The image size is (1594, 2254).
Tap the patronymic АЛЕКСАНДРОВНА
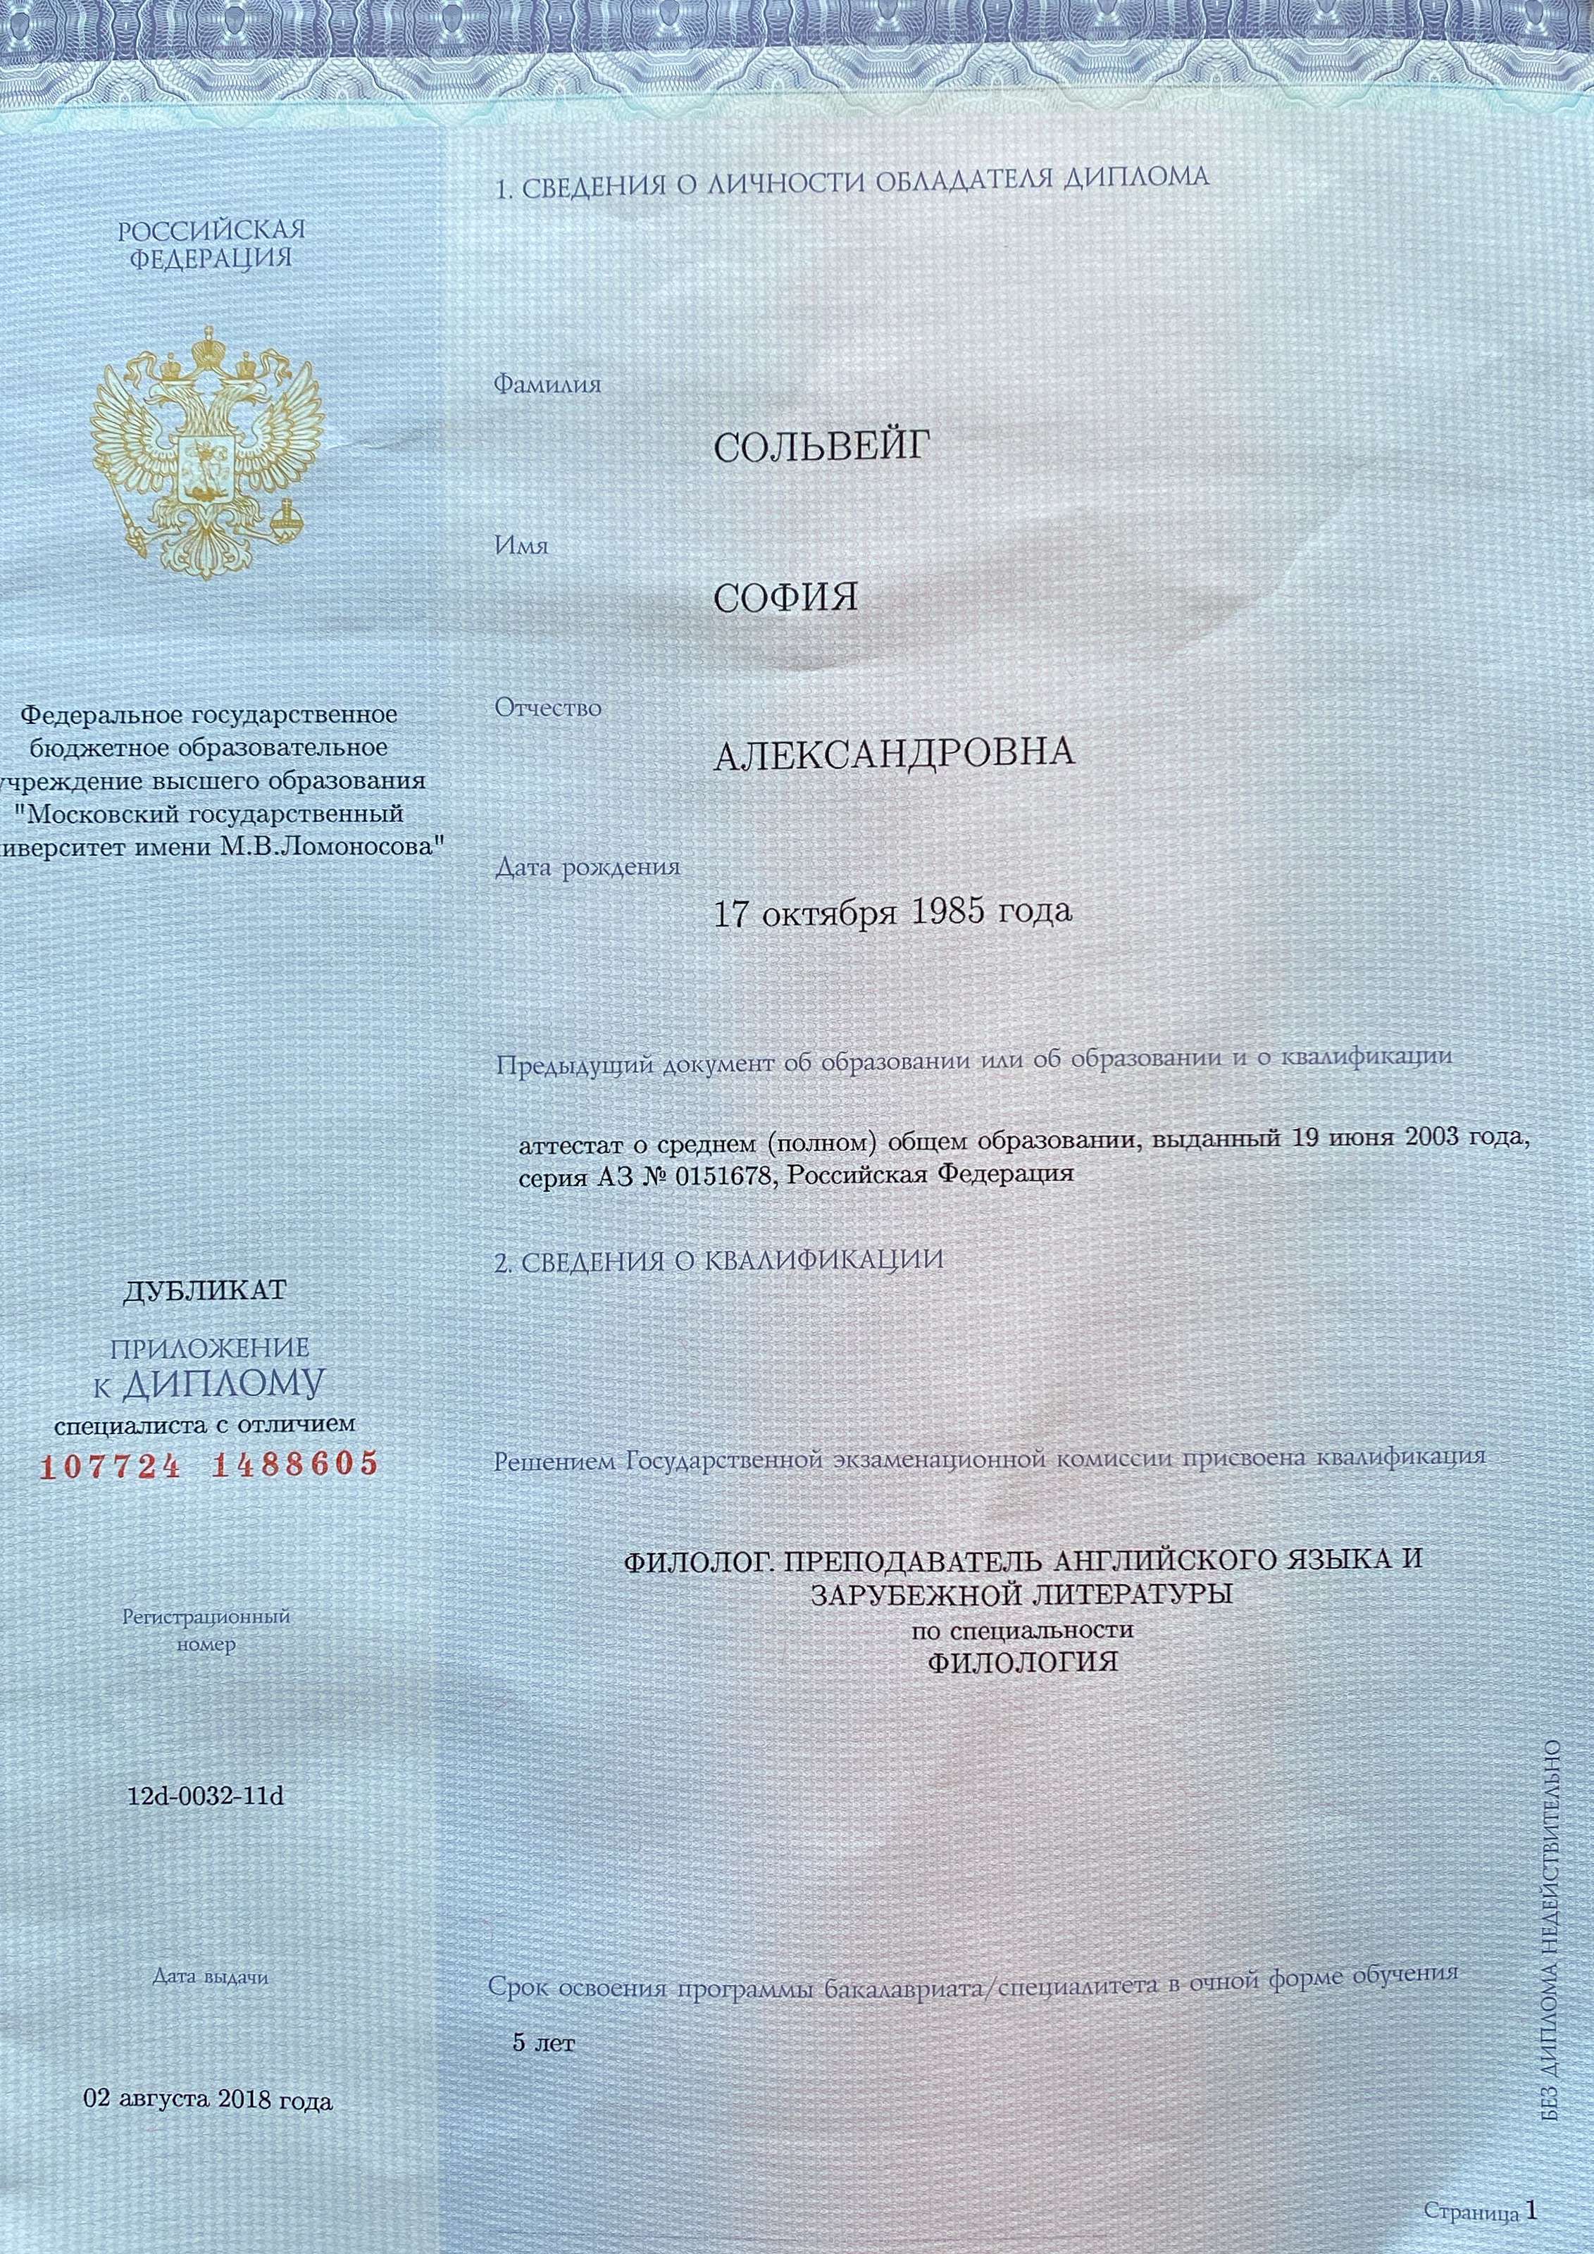(893, 754)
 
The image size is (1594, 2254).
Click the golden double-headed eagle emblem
(207, 451)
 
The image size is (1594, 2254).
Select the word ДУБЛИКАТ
(204, 1289)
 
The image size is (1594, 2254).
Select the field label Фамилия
(547, 384)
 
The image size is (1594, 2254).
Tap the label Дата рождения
(587, 867)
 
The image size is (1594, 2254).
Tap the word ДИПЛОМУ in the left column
(224, 1383)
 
